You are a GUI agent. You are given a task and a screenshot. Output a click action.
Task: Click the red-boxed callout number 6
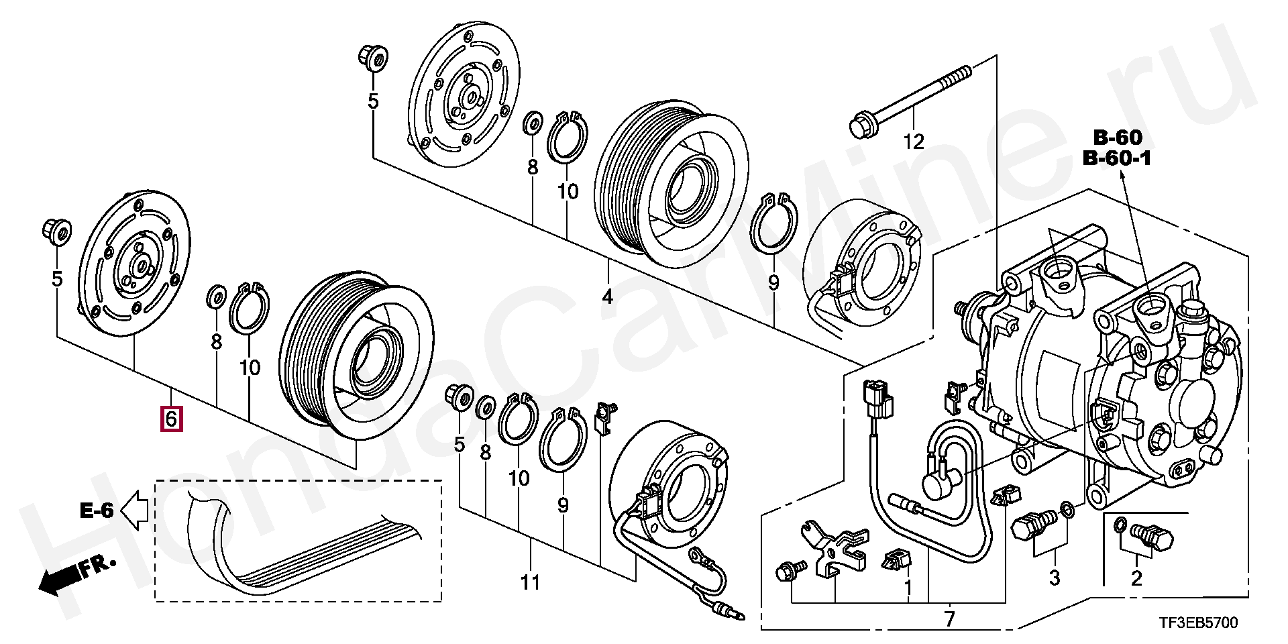point(171,419)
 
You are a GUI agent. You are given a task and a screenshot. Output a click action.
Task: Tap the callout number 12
point(914,142)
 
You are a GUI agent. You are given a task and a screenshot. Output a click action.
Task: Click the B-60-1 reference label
point(1117,159)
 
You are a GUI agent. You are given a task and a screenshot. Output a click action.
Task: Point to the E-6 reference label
point(97,511)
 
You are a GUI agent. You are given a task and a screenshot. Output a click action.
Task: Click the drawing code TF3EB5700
point(1197,623)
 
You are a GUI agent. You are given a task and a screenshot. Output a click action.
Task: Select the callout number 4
point(608,296)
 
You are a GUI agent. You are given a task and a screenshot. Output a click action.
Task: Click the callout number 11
point(530,582)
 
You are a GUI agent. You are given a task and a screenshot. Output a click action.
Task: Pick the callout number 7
point(949,619)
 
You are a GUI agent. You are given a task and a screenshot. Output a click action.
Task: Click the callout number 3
point(1054,577)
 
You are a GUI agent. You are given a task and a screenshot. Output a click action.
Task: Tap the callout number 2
point(1136,578)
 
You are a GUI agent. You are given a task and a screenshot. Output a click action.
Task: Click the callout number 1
point(908,588)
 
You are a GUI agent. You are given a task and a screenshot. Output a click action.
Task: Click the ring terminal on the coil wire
point(698,556)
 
